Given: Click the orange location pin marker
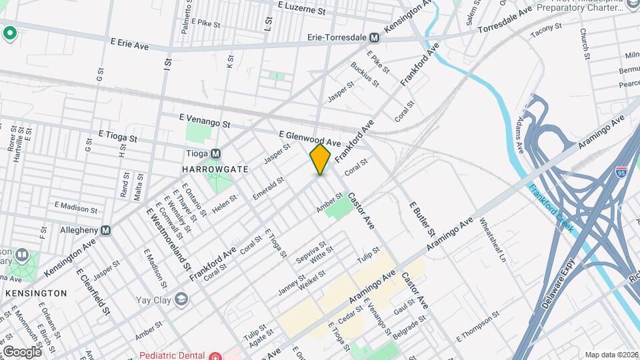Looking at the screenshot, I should pos(320,159).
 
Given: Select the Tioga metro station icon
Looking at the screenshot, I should pos(215,153).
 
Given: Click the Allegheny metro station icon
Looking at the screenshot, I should pos(105,230).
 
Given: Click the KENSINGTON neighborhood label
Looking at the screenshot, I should pos(36,293).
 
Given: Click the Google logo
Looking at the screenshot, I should pos(22,351).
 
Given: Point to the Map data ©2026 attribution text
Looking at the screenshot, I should pos(611,355).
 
